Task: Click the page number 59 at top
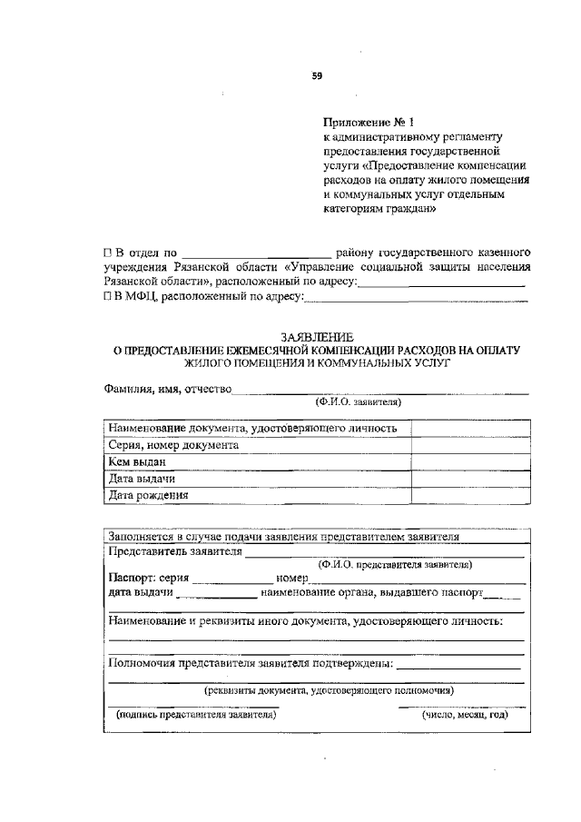318,76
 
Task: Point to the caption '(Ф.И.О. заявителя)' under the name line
359,401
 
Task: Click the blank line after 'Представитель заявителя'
384,553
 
